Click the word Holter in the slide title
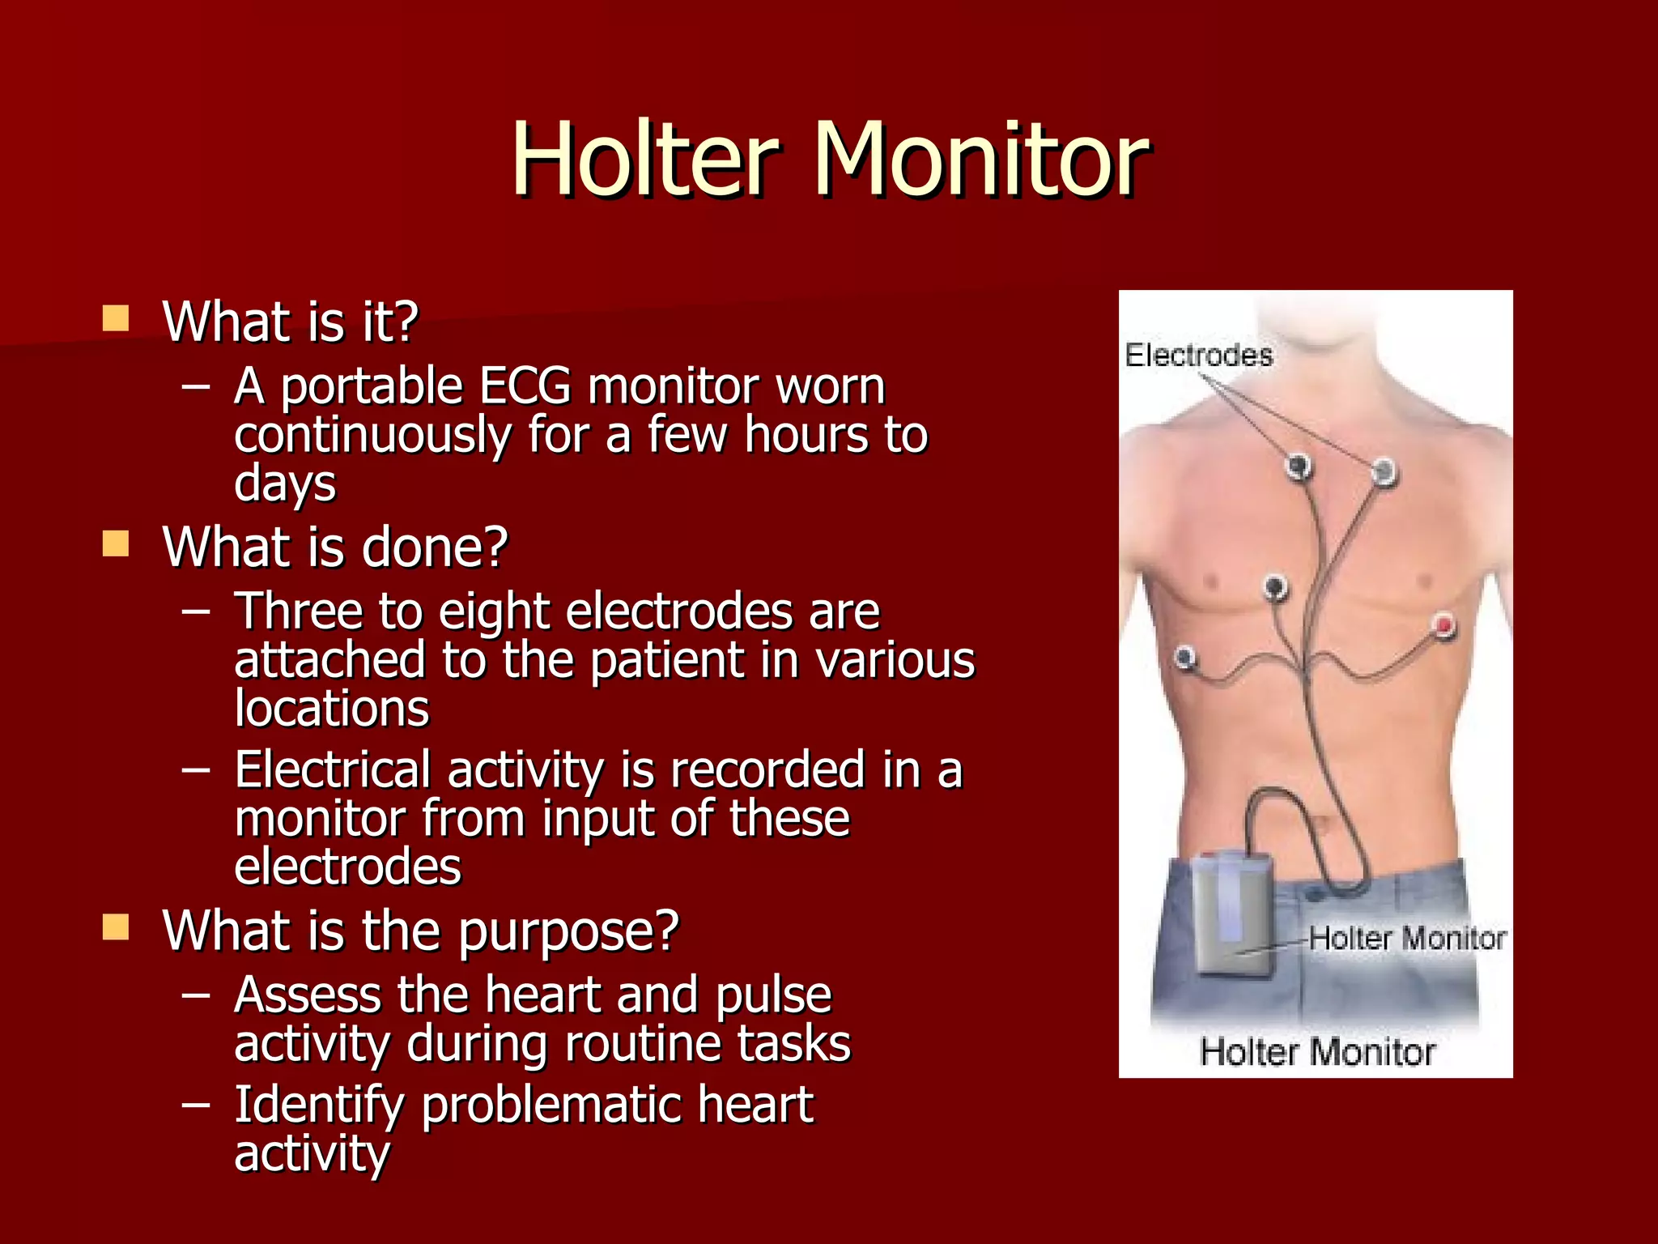[644, 159]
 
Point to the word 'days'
[285, 484]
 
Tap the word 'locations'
[332, 709]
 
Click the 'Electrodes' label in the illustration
[1198, 355]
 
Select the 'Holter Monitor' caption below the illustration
[1317, 1052]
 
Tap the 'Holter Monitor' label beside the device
[1407, 938]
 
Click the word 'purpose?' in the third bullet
[568, 931]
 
